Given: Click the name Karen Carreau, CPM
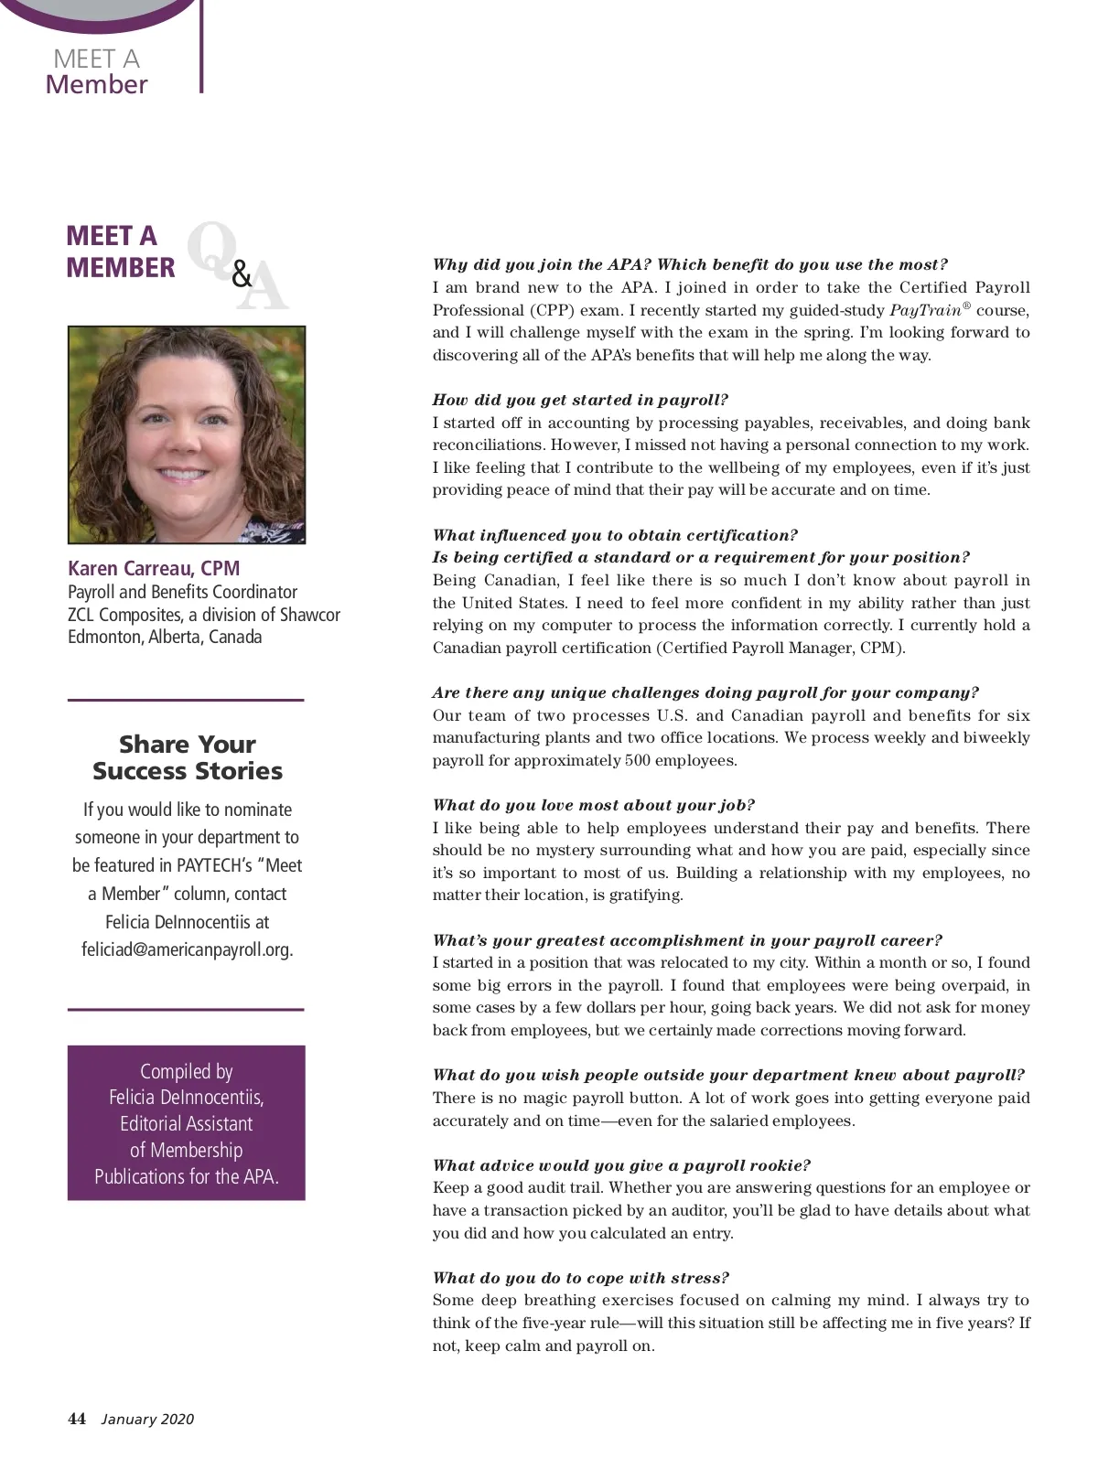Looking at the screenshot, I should (154, 568).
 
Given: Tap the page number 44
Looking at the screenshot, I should (77, 1419).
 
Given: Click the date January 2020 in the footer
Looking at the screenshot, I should (147, 1420).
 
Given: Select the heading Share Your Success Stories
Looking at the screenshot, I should (187, 757).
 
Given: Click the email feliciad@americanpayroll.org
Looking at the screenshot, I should (187, 949).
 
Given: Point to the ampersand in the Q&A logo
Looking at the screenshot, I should (242, 273).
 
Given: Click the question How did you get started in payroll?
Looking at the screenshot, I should (580, 400).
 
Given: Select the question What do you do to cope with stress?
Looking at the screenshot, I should (580, 1278).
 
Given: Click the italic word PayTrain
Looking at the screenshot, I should (925, 310).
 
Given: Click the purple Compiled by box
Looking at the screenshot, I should (187, 1122).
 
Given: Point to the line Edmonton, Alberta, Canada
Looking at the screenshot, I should (165, 637).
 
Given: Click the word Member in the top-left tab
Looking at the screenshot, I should (96, 84).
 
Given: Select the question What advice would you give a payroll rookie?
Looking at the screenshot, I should (621, 1165).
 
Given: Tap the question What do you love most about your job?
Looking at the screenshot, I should (593, 805).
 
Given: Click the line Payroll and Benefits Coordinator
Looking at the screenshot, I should (182, 592).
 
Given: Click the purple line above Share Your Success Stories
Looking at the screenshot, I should (186, 700).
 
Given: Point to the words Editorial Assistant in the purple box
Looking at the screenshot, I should (187, 1123).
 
